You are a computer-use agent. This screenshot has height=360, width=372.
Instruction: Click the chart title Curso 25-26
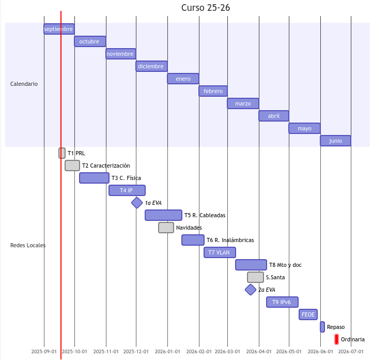click(x=206, y=8)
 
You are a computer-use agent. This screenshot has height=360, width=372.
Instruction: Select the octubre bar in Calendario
click(x=90, y=41)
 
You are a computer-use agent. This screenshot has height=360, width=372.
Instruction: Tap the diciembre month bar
click(x=151, y=66)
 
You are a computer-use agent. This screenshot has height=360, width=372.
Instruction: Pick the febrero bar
click(x=213, y=91)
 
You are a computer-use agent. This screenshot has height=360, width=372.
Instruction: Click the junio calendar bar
click(x=335, y=141)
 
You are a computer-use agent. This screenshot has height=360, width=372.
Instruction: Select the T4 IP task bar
click(x=127, y=190)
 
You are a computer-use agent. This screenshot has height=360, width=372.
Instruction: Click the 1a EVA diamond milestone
click(x=137, y=203)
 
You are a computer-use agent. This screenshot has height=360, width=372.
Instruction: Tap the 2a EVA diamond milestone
click(x=251, y=290)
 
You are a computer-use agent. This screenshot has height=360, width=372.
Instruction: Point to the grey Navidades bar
click(x=166, y=228)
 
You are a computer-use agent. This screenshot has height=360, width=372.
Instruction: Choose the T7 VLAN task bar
click(x=220, y=252)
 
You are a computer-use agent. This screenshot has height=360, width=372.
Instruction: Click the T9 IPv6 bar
click(x=282, y=302)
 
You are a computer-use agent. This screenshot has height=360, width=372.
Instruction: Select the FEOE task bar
click(x=308, y=314)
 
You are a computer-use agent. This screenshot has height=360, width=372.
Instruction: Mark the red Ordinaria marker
click(x=336, y=339)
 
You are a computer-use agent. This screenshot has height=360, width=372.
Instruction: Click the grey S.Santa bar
click(x=255, y=277)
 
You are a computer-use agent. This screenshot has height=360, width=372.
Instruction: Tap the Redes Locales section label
click(x=28, y=245)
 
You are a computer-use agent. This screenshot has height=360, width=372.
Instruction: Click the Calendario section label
click(x=24, y=84)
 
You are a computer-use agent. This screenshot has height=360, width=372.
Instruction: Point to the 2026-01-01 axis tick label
click(x=167, y=352)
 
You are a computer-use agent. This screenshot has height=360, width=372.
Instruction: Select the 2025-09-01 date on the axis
click(x=44, y=352)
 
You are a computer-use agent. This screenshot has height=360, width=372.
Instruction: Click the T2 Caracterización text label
click(x=106, y=166)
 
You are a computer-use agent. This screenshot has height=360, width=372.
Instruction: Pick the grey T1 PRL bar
click(x=62, y=153)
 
